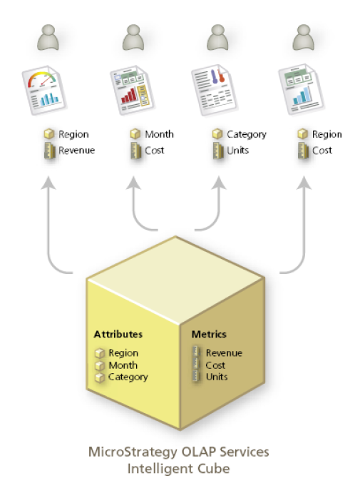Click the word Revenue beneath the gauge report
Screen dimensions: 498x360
point(76,151)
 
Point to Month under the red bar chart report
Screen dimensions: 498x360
point(159,134)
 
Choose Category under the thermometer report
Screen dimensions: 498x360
point(246,134)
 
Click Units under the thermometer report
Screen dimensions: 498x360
point(237,151)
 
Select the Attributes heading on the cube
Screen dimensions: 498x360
point(118,334)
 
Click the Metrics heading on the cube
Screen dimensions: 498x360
point(208,334)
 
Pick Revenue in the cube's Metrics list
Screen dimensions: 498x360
point(224,352)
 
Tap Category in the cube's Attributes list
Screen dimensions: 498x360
point(128,377)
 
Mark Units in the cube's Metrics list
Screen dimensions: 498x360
point(217,376)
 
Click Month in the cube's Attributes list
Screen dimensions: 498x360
point(123,365)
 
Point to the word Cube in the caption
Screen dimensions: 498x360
point(216,469)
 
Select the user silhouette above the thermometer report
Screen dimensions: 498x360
point(216,38)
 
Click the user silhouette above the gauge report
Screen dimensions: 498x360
point(48,38)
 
